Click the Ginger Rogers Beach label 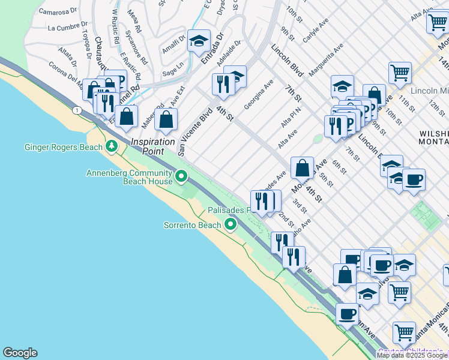point(63,147)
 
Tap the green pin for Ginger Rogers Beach point(111,146)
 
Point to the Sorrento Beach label point(193,226)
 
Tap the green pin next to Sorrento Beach point(231,226)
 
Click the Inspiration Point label point(154,146)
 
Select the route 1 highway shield point(77,110)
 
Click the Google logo point(20,353)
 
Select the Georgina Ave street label point(258,94)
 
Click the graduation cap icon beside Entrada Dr point(199,41)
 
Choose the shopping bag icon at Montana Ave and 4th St point(303,167)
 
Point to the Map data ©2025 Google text point(412,355)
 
